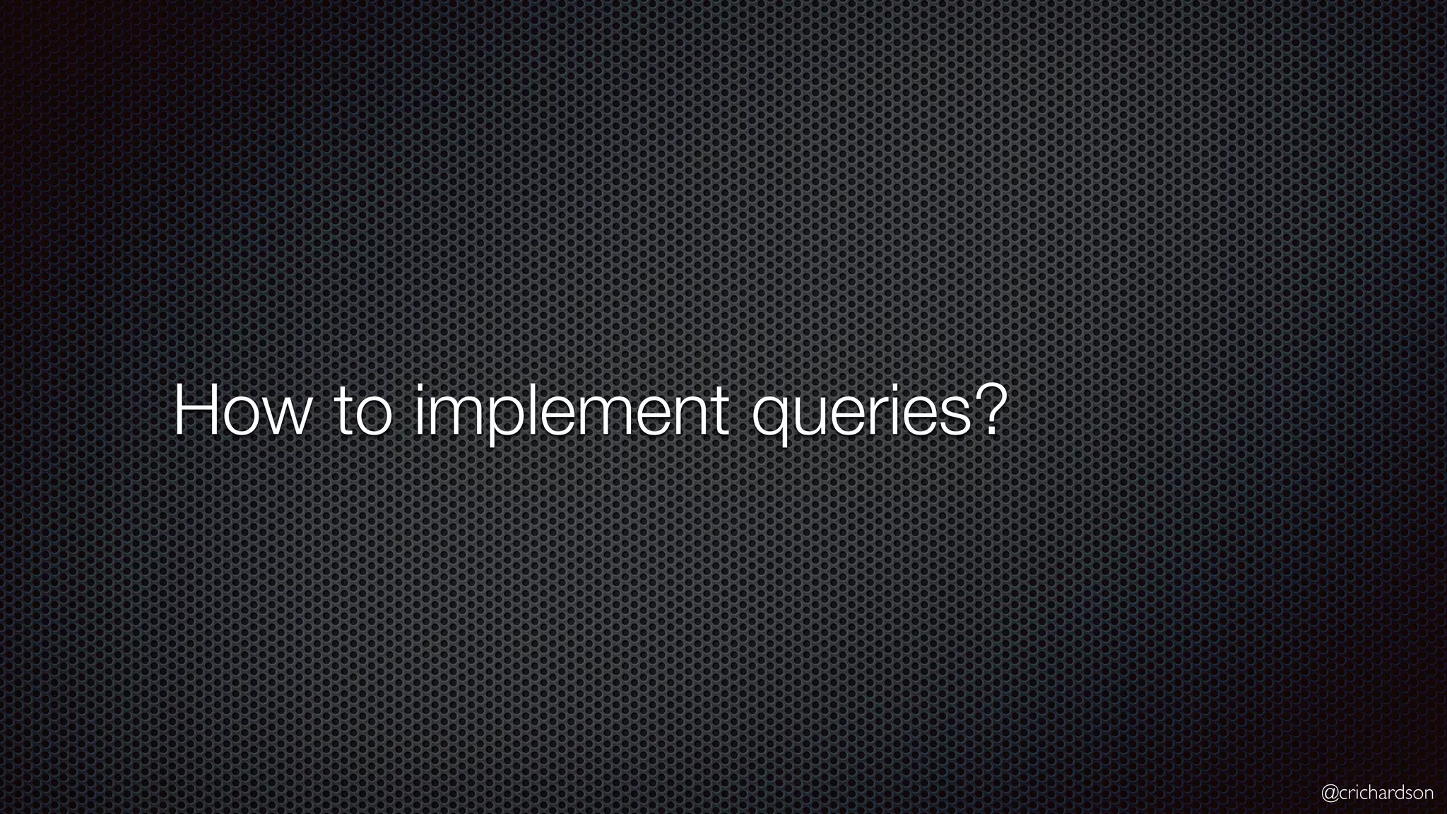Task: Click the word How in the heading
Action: coord(240,411)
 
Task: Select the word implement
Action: coord(571,413)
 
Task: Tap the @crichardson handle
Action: coord(1377,794)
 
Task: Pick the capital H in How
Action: coord(192,411)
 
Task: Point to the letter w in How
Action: coord(287,417)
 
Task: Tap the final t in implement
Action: coord(719,413)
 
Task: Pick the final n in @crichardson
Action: coord(1428,794)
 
